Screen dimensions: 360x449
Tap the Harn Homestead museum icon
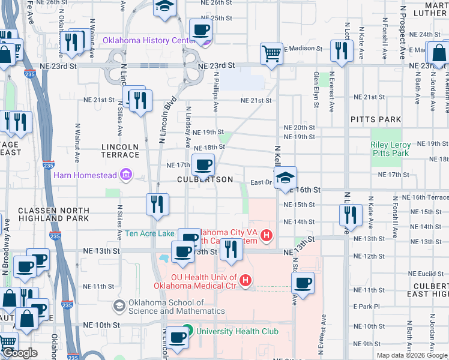tap(127, 175)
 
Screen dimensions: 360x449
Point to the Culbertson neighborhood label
tap(205, 179)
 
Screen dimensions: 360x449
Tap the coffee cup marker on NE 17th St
tap(203, 164)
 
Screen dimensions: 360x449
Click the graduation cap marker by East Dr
tap(286, 177)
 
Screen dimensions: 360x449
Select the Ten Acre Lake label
tap(150, 233)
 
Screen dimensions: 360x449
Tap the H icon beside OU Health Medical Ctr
tap(245, 280)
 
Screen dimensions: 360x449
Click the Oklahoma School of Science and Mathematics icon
tap(119, 306)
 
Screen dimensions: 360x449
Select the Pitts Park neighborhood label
tap(376, 119)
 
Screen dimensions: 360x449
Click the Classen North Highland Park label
tap(53, 214)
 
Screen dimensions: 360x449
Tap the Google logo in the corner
tap(19, 353)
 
